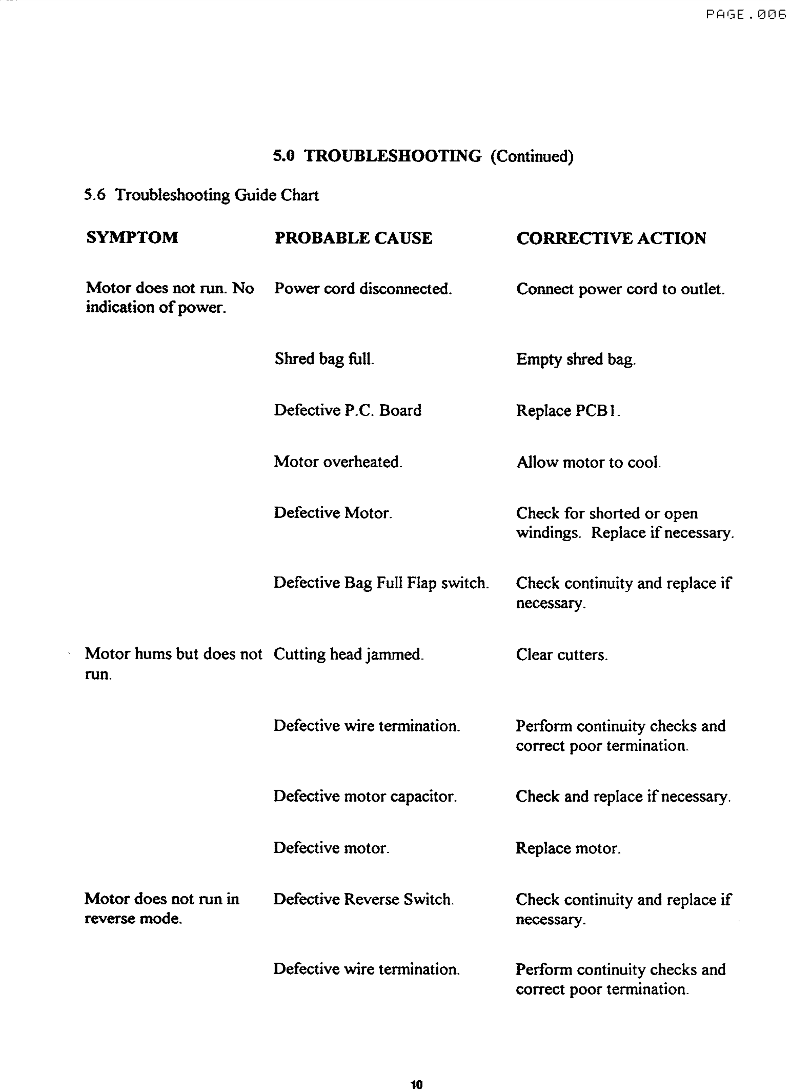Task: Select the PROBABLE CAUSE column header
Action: click(353, 238)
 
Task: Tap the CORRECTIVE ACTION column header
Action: click(611, 238)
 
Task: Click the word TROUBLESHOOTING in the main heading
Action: click(393, 156)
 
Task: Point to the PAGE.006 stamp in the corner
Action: click(745, 15)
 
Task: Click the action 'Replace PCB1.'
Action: click(568, 410)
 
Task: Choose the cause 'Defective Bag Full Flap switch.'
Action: click(381, 583)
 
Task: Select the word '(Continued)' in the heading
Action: click(532, 157)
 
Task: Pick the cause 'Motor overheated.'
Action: click(338, 462)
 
